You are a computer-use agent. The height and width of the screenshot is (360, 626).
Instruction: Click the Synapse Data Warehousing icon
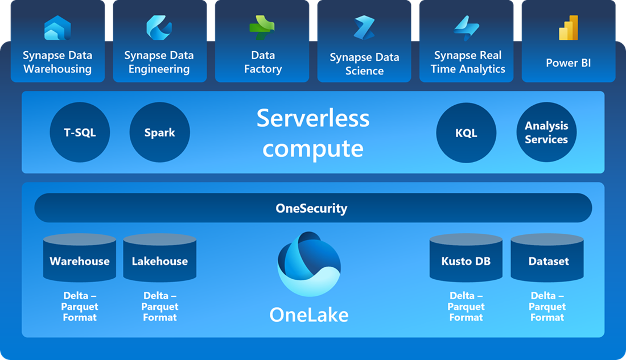(57, 28)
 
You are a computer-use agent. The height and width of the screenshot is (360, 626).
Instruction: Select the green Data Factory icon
(262, 28)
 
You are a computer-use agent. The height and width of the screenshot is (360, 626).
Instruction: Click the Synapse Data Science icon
(364, 28)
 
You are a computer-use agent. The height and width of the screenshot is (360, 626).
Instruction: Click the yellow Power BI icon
(569, 28)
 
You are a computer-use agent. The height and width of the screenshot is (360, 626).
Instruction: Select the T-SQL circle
(80, 133)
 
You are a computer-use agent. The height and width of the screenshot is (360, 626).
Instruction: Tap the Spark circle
(159, 133)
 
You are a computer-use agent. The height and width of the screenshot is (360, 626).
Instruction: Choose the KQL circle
(466, 133)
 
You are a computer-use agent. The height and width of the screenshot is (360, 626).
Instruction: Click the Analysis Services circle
(546, 133)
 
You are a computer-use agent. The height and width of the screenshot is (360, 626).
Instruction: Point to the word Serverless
(313, 118)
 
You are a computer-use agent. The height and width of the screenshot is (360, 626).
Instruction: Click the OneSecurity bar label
(311, 208)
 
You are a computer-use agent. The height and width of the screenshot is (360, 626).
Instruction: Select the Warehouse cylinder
(80, 260)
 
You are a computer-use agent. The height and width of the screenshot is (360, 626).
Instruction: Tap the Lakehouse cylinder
(160, 260)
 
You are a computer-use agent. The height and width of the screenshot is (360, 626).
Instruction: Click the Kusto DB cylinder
(466, 260)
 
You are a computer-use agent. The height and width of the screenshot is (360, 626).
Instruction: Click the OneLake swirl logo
(309, 264)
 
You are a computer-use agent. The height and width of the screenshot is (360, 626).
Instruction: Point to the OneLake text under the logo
(309, 315)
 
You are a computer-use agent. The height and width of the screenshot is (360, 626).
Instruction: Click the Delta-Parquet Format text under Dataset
(547, 307)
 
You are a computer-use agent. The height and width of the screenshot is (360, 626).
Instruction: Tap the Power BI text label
(569, 63)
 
